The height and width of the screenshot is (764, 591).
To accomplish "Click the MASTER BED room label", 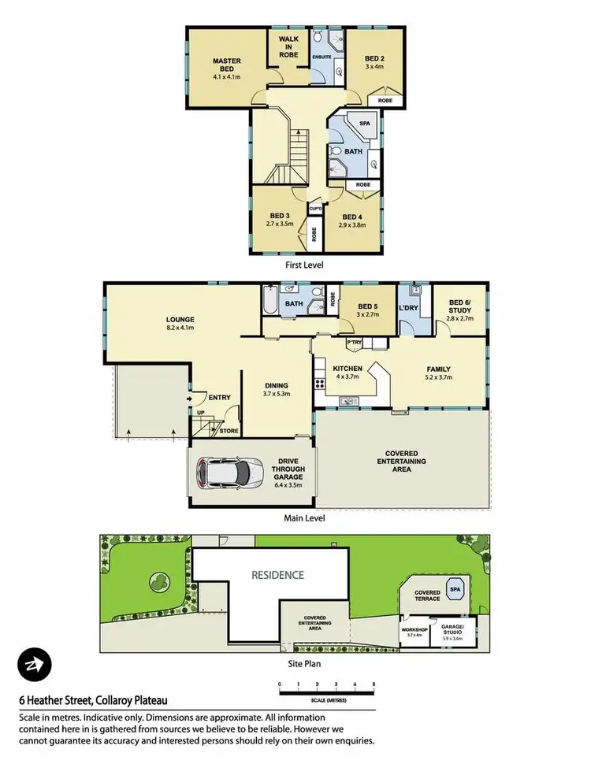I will pos(225,65).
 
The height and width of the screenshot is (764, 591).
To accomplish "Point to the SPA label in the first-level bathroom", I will pos(363,124).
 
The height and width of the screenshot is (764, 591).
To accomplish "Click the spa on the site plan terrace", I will pos(455,588).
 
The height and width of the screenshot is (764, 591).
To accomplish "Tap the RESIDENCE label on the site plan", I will pos(277,575).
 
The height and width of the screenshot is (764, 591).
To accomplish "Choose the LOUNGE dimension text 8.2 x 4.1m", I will pos(180,328).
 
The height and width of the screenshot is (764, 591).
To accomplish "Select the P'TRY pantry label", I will pos(353,343).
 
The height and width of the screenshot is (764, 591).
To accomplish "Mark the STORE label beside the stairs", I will pos(229,431).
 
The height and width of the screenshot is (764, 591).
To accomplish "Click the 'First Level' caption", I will pos(304,265).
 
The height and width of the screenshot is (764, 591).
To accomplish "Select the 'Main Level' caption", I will pos(304,518).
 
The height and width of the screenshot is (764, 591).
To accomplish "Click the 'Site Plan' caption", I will pos(300,663).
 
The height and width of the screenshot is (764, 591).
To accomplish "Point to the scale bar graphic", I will pos(326,692).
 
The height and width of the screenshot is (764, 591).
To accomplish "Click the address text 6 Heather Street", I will pos(93,699).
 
